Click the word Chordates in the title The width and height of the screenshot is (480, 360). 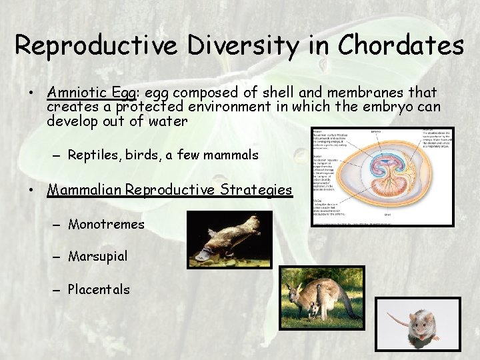coord(401,45)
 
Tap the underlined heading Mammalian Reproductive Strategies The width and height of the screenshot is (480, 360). coord(169,190)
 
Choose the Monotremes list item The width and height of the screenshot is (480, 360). coord(106,224)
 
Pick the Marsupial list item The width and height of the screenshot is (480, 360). coord(98,256)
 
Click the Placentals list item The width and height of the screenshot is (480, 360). coord(99,289)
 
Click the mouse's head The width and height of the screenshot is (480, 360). coord(421,324)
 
